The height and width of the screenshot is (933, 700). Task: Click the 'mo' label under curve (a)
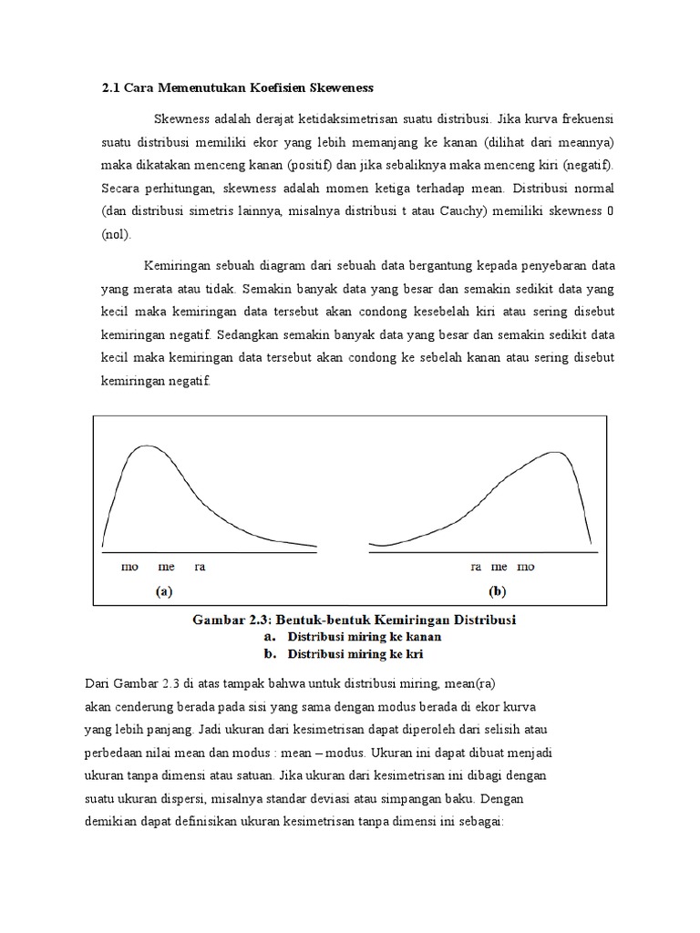pyautogui.click(x=130, y=567)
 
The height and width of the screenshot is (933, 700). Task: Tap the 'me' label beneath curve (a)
pyautogui.click(x=165, y=567)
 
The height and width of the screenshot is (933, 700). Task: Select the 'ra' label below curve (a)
pyautogui.click(x=200, y=567)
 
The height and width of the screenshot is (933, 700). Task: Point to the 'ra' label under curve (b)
pyautogui.click(x=476, y=567)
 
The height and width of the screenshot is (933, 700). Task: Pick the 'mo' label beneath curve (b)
pyautogui.click(x=526, y=567)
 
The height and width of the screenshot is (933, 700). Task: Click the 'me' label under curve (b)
pyautogui.click(x=499, y=567)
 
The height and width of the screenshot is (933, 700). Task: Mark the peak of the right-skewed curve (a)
pyautogui.click(x=146, y=446)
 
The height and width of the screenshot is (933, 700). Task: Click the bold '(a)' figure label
pyautogui.click(x=163, y=591)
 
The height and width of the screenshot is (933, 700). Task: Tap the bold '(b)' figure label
pyautogui.click(x=497, y=591)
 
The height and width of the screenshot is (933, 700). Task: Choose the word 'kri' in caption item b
pyautogui.click(x=410, y=654)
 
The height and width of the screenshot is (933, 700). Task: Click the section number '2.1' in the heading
pyautogui.click(x=110, y=87)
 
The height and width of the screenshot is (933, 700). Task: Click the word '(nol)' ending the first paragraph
pyautogui.click(x=116, y=234)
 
